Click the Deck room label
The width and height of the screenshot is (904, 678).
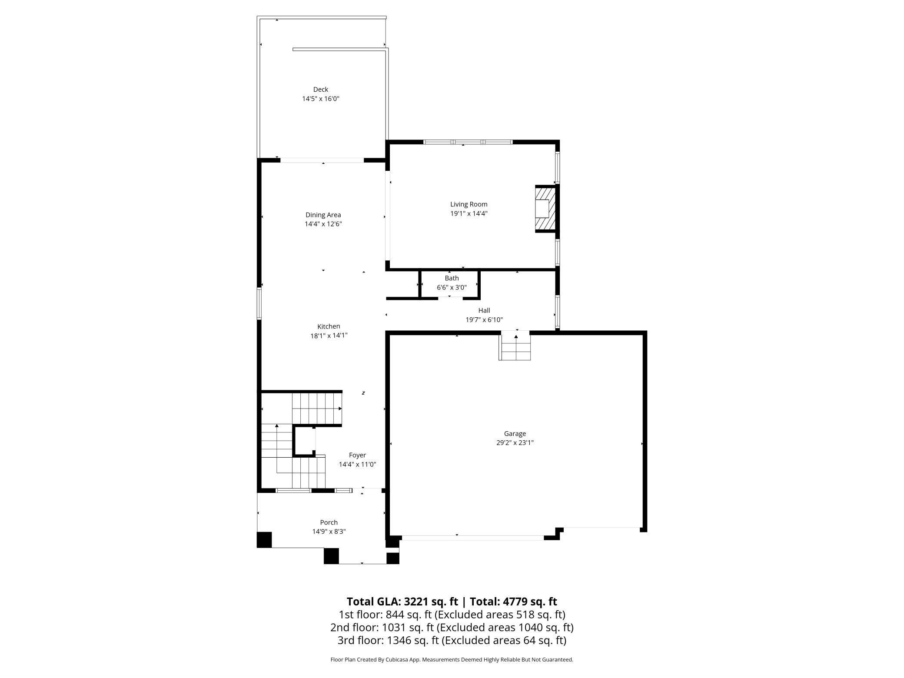(320, 90)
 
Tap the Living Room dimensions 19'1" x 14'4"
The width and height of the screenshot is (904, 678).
(469, 213)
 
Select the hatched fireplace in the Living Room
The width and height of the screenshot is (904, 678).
(545, 209)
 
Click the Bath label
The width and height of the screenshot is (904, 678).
(452, 278)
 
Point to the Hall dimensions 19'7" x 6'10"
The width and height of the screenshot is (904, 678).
(484, 320)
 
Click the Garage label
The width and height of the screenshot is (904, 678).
(515, 433)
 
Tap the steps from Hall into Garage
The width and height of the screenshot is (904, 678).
(515, 346)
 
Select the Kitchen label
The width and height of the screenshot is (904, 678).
(329, 326)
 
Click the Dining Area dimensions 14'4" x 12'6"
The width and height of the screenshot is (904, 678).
(323, 224)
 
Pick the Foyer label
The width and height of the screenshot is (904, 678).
(357, 455)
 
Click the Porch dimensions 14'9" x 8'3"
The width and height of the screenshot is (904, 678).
(329, 532)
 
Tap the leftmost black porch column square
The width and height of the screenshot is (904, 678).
(264, 539)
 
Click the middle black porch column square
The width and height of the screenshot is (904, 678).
(331, 556)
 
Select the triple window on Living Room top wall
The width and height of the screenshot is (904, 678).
(468, 142)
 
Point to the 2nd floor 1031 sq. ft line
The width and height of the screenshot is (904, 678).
(452, 628)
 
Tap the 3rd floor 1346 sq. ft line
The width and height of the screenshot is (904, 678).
(452, 640)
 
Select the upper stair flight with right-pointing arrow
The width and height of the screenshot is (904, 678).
(317, 409)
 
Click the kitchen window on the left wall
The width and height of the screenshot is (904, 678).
(259, 304)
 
